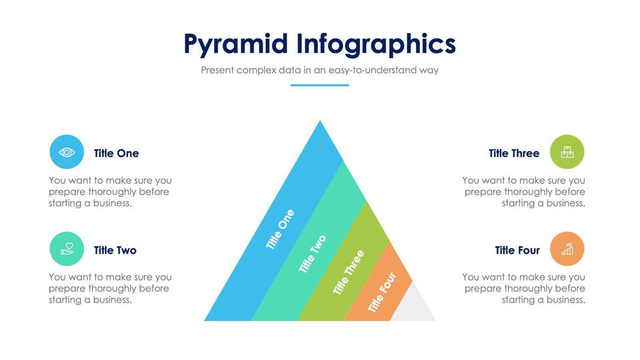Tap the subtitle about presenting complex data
[x=319, y=70]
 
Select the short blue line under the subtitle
[x=319, y=85]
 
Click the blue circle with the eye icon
[x=66, y=152]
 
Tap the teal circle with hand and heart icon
[x=66, y=249]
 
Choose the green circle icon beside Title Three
[x=567, y=152]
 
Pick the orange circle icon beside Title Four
[x=567, y=249]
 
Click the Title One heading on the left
[x=116, y=153]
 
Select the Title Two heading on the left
[x=115, y=250]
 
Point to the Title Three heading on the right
[x=514, y=153]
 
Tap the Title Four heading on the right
[x=517, y=250]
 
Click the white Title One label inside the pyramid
[x=280, y=230]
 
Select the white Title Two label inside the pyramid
[x=313, y=254]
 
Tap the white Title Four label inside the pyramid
[x=382, y=294]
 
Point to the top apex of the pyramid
[x=320, y=123]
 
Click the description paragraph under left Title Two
[x=110, y=289]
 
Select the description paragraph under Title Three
[x=524, y=192]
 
